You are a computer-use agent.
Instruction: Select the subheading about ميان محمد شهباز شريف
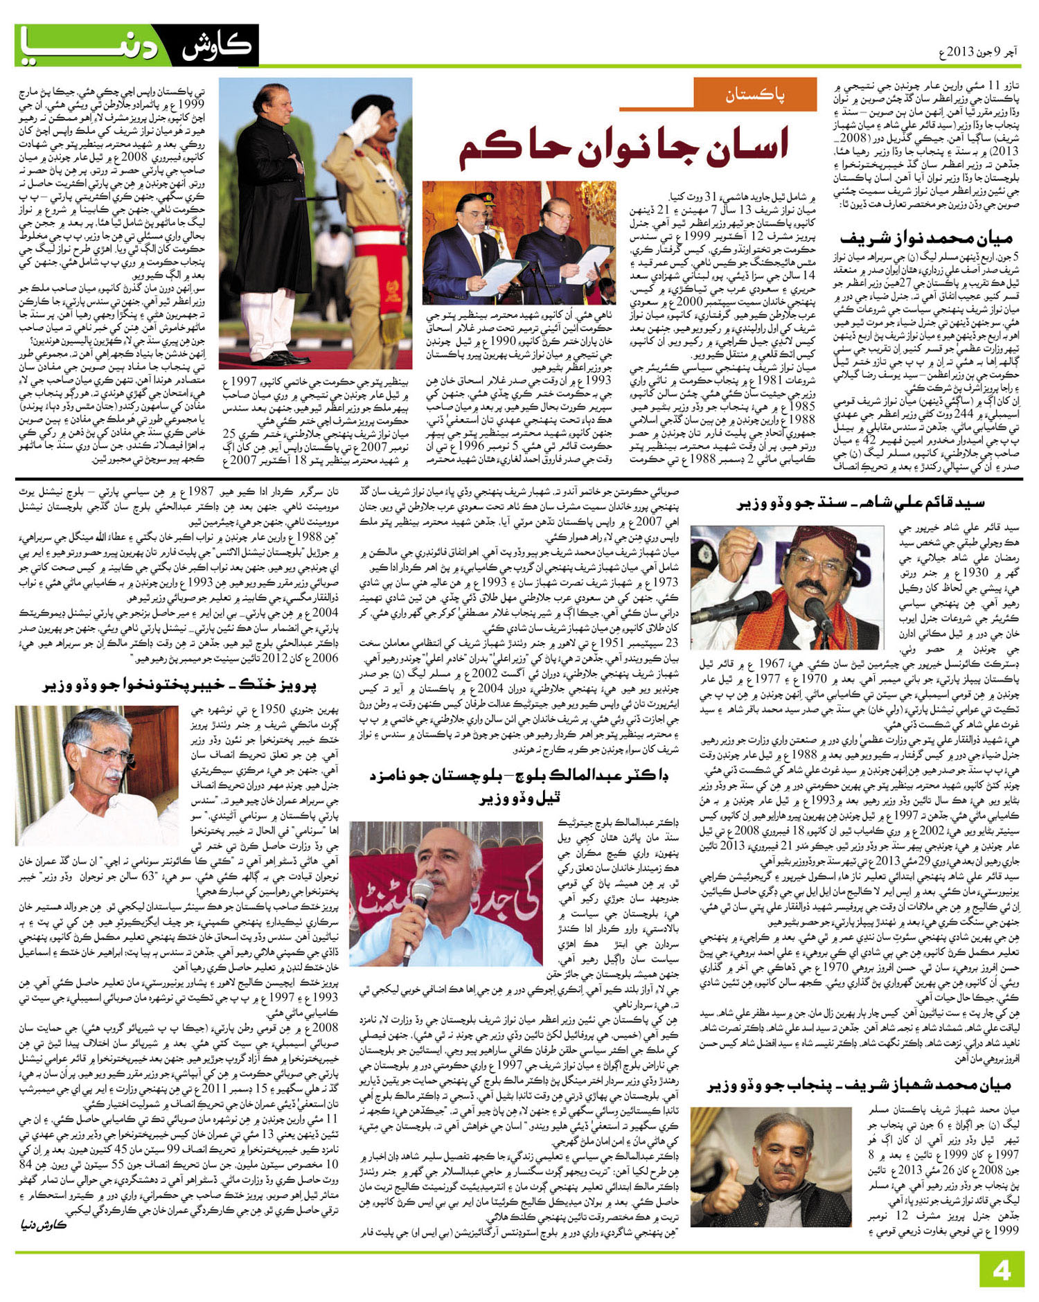pos(859,1085)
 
